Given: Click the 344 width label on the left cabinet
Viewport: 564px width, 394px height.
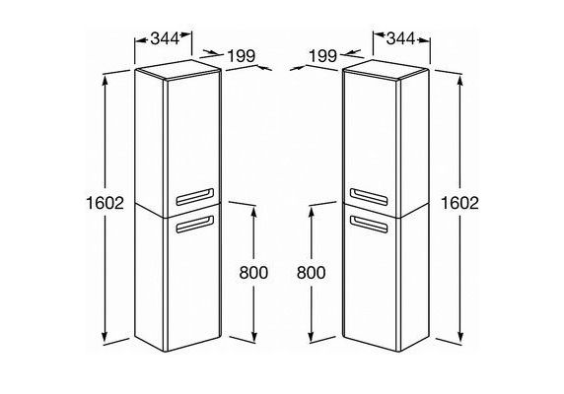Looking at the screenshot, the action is click(x=165, y=38).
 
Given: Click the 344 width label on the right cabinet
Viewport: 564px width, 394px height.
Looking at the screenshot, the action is click(x=400, y=38).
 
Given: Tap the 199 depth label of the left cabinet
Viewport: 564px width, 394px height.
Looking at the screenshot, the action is click(x=242, y=56).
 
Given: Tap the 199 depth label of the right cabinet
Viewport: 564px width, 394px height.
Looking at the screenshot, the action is click(x=323, y=56).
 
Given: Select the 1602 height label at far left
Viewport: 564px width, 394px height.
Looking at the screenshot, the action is click(x=106, y=203).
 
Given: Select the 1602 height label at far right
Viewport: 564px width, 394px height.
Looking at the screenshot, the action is click(x=460, y=203).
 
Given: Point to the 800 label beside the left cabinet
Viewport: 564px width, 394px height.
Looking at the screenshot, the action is click(x=253, y=273).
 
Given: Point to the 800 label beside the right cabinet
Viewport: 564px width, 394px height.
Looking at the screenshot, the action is click(x=312, y=273).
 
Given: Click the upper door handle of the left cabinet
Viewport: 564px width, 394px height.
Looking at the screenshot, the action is click(x=194, y=197).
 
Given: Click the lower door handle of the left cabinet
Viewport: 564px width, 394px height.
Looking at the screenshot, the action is click(x=194, y=225).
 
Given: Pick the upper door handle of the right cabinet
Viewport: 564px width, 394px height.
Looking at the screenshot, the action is click(x=370, y=197).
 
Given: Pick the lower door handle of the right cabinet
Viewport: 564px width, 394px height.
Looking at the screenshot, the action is click(x=370, y=225).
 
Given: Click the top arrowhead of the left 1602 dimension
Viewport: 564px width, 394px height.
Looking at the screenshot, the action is click(x=105, y=81).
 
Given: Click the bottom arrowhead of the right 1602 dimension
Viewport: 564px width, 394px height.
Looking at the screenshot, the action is click(x=460, y=336).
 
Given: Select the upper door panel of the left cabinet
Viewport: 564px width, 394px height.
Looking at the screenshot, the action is click(x=193, y=145).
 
